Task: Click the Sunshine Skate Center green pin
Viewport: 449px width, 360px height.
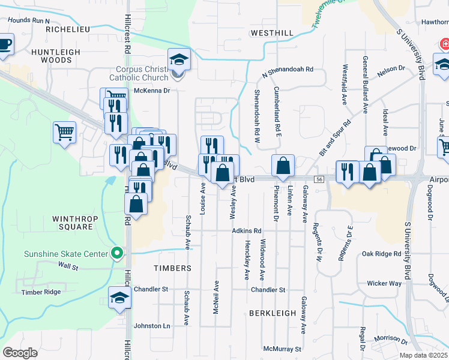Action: [x=118, y=254]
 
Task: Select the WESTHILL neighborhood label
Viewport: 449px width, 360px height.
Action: [x=272, y=32]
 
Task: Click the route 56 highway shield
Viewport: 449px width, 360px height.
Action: [x=319, y=179]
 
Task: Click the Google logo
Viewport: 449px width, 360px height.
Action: [x=20, y=353]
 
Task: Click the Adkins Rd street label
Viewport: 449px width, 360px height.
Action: [x=247, y=231]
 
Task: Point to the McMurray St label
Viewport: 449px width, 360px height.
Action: [x=282, y=349]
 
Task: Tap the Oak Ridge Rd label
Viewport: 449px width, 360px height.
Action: [x=381, y=254]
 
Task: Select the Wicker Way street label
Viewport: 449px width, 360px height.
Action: [x=384, y=283]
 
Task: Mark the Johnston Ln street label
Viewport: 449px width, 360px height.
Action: [x=151, y=326]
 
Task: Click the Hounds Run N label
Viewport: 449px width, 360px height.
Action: [x=28, y=20]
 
